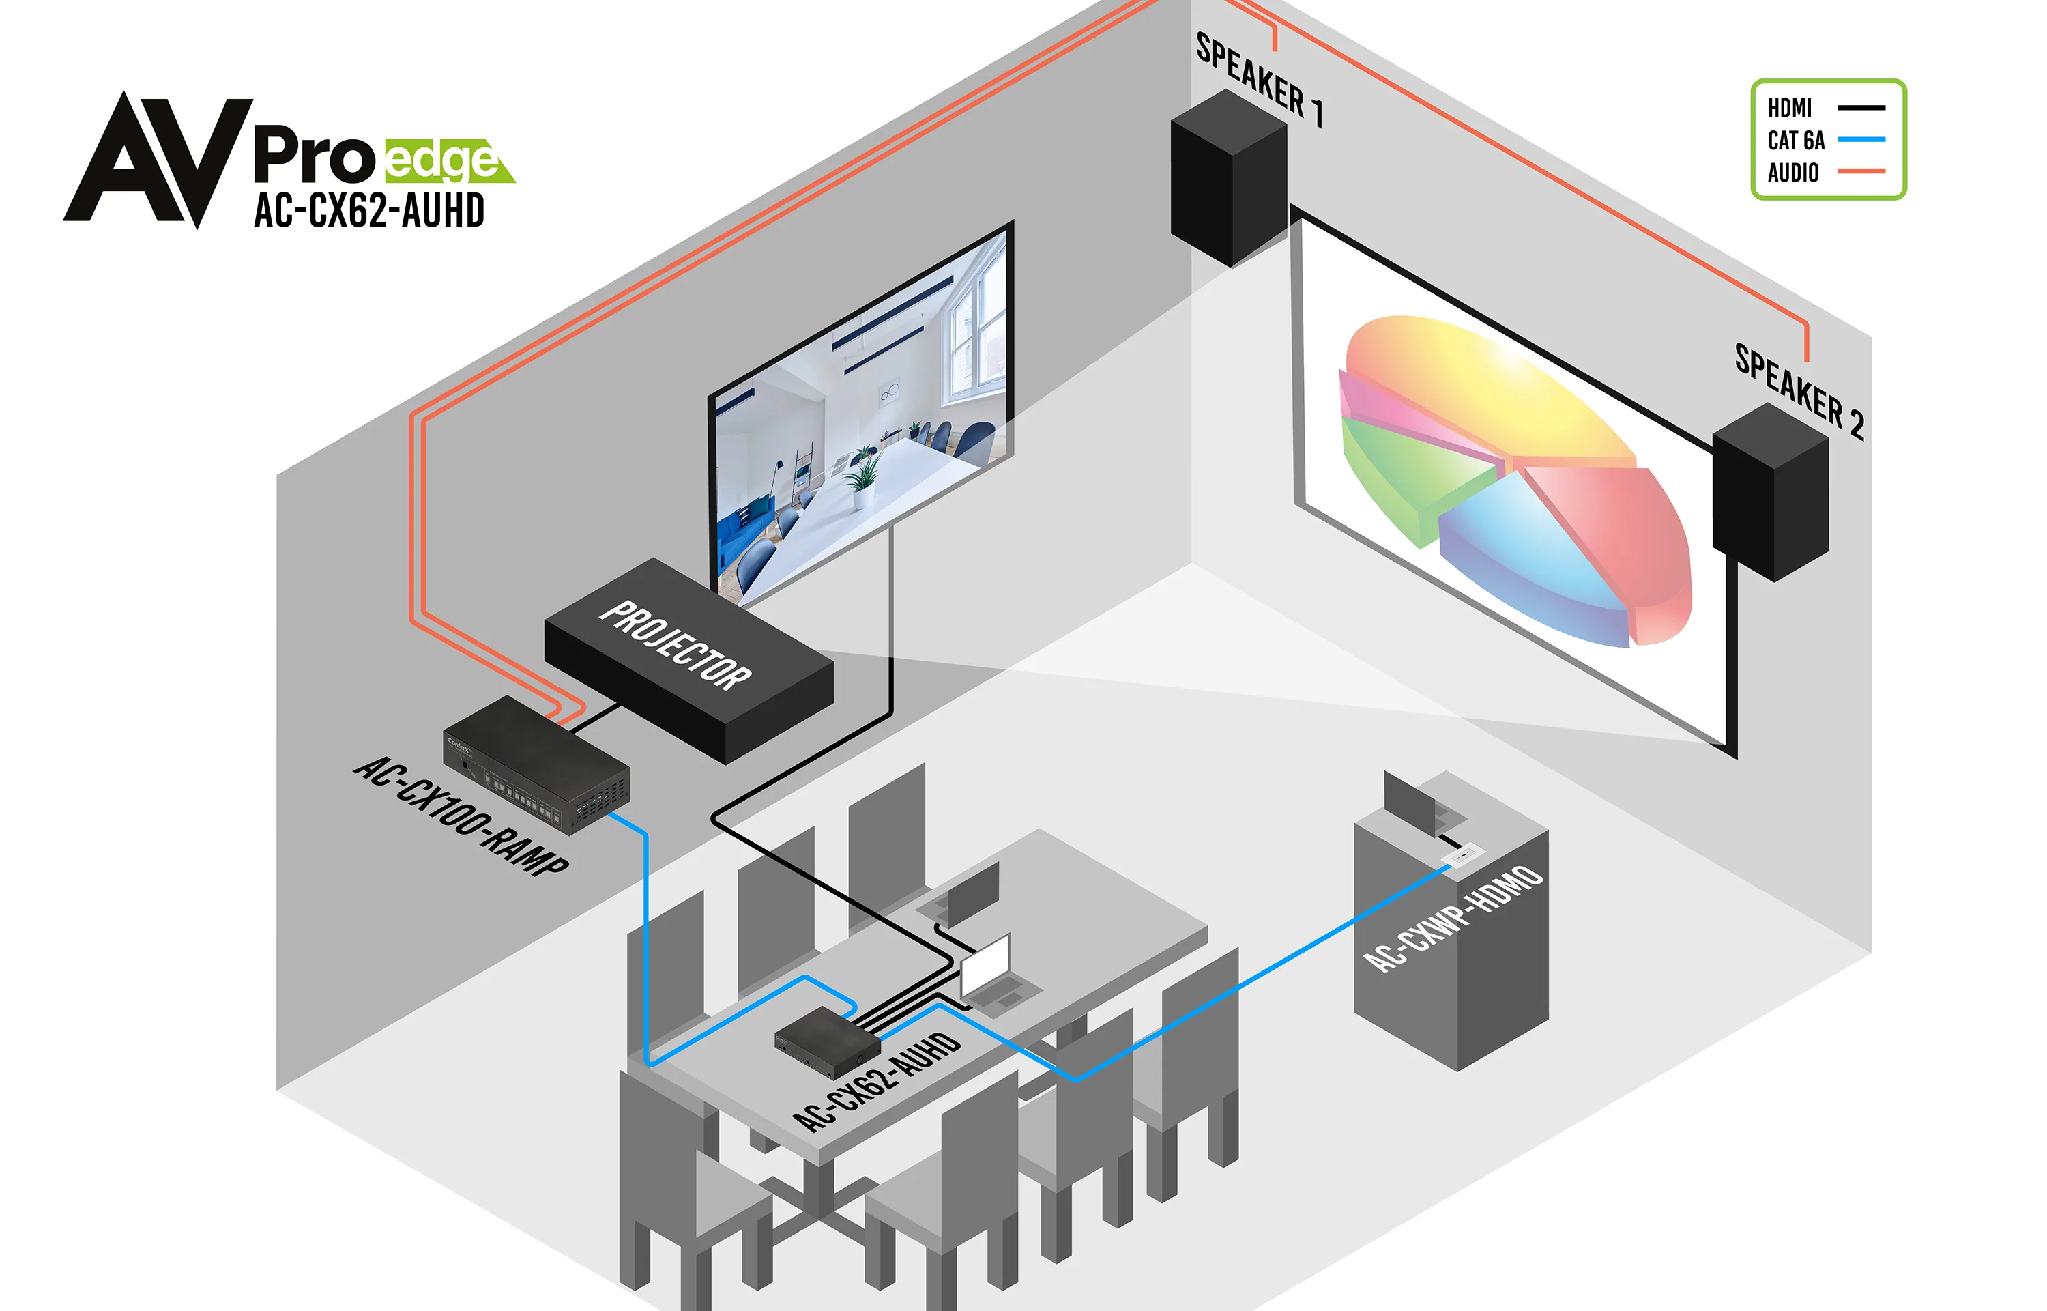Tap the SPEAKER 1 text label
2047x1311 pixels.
(1260, 80)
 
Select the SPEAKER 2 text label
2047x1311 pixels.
(1799, 392)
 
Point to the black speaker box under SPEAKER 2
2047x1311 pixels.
(1771, 493)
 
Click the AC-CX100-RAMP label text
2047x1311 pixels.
(461, 815)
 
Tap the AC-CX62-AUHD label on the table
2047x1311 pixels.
(877, 1081)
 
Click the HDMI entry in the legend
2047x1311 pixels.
(1790, 108)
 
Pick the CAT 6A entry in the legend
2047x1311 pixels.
(1796, 141)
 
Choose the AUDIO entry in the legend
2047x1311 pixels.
(1792, 173)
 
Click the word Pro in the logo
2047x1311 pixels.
(315, 156)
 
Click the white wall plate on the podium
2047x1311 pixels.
(1466, 853)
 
